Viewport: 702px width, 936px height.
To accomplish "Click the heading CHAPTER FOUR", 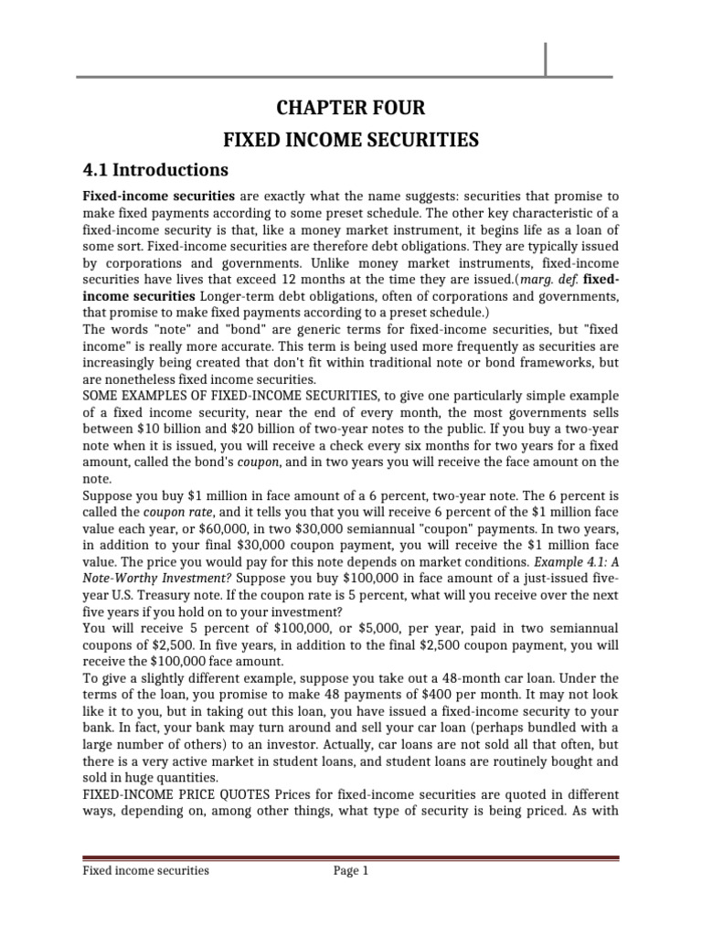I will pos(352,108).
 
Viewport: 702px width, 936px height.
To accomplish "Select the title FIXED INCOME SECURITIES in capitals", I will pos(352,139).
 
